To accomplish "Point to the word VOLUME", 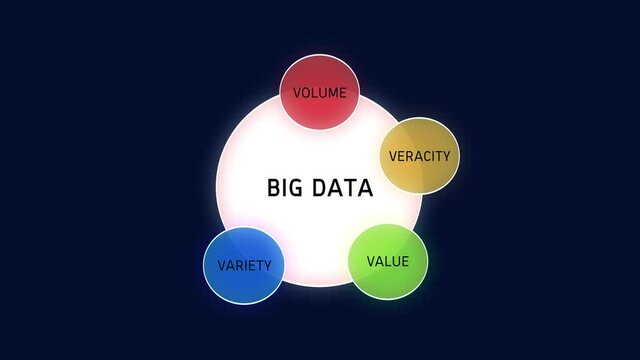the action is click(319, 93).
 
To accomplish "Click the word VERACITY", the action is click(419, 156).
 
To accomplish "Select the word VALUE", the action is click(388, 262).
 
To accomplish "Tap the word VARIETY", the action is click(244, 266).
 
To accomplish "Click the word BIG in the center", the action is click(284, 187).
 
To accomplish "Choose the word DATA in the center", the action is click(343, 187).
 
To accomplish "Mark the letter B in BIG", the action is click(273, 187).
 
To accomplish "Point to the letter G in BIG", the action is click(294, 187).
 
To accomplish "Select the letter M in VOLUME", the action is click(334, 93).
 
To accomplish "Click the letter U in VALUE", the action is click(396, 262).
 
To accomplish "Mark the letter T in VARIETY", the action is click(262, 266).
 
